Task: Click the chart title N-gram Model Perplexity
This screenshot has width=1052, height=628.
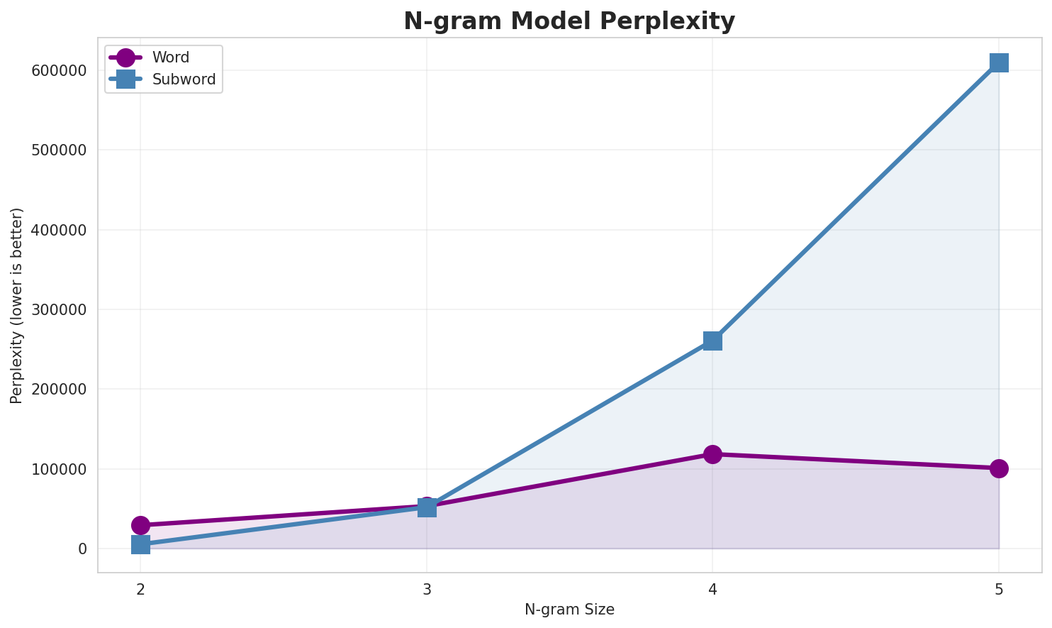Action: click(569, 21)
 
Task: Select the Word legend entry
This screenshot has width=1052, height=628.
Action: click(170, 57)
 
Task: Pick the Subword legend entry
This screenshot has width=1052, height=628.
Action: click(184, 79)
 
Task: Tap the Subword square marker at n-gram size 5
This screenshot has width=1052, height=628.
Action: click(999, 62)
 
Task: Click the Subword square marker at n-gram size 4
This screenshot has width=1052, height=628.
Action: click(712, 341)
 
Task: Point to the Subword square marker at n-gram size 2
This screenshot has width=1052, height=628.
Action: click(140, 544)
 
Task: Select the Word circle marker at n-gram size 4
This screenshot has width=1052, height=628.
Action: click(712, 454)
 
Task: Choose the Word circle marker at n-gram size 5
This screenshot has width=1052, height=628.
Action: click(999, 468)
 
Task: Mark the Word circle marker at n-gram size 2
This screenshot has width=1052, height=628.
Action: click(140, 525)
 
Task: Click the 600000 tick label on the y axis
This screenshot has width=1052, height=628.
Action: click(59, 71)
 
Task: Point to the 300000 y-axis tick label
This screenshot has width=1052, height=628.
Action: click(59, 310)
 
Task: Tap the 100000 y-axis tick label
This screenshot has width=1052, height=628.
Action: click(59, 469)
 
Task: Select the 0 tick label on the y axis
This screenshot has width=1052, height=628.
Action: click(82, 549)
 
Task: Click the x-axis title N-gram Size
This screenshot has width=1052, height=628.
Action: click(569, 610)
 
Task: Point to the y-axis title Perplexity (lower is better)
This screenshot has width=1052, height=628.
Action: click(17, 305)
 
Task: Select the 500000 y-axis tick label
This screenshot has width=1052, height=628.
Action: click(59, 150)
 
